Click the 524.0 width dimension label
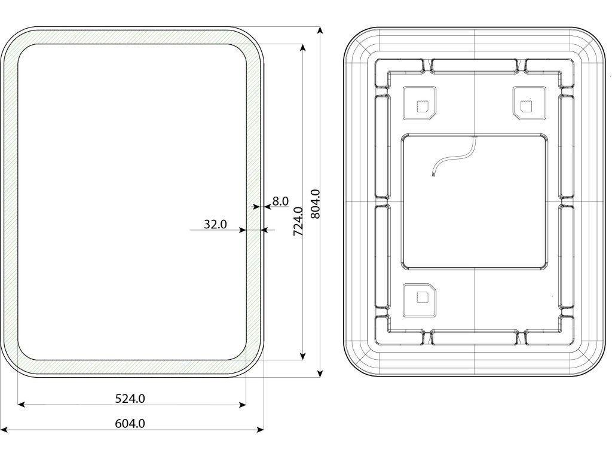coord(130,399)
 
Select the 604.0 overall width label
coord(130,423)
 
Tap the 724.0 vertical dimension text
coord(298,221)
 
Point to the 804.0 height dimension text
coord(316,204)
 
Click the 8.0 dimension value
coord(280,201)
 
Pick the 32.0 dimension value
coord(215,225)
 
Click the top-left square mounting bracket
coord(419,103)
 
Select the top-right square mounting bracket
coord(529,103)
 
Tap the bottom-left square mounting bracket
coord(419,300)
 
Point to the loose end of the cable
coord(433,176)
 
